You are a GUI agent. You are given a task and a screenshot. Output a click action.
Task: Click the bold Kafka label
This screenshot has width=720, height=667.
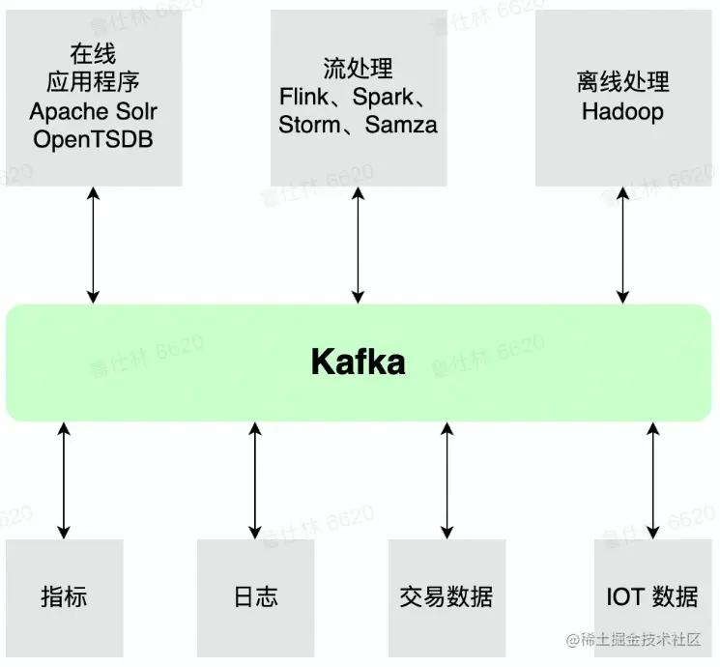[358, 362]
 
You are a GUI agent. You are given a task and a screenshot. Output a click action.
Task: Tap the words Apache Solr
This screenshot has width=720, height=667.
[93, 112]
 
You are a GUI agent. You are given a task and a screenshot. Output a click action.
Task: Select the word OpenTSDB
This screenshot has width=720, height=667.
[93, 139]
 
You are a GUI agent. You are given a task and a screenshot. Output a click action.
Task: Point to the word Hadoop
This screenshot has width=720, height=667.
[622, 111]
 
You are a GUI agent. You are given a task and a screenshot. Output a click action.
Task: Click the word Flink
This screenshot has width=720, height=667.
[305, 97]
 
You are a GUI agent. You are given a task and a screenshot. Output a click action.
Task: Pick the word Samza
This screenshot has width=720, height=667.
[401, 125]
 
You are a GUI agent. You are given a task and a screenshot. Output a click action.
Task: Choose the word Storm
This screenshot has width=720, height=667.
[309, 125]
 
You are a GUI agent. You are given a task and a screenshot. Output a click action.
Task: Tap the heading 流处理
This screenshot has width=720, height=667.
[358, 69]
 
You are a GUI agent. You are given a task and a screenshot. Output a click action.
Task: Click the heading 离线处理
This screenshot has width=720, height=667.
[622, 83]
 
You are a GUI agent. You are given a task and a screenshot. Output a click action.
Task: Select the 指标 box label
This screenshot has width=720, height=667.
[64, 596]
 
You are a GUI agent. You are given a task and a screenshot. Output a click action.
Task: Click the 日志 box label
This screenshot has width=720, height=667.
[255, 596]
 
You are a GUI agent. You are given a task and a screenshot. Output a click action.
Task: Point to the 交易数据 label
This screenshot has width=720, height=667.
[446, 596]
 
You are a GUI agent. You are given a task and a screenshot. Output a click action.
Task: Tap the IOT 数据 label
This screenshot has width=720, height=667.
[652, 596]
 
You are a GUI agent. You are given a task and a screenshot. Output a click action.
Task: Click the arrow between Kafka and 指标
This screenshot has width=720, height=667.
[64, 480]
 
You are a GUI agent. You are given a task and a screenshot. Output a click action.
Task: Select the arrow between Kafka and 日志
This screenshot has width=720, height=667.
[255, 480]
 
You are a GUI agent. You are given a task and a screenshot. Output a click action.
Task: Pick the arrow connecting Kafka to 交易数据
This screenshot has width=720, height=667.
[446, 480]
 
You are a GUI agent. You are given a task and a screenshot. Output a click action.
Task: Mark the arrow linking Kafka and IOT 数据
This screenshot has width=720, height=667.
[652, 480]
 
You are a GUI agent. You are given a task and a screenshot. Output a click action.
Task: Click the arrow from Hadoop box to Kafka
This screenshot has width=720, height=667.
[622, 245]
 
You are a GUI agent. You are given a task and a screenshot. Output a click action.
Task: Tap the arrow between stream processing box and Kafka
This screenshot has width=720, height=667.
[358, 245]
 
